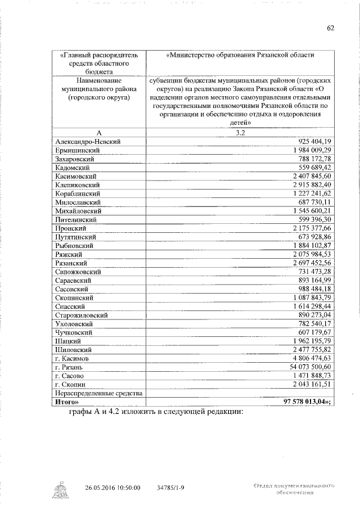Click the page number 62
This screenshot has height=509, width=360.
point(330,28)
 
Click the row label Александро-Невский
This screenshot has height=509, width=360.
point(89,141)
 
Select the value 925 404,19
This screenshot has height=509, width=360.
point(312,141)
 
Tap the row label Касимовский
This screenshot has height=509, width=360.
point(78,176)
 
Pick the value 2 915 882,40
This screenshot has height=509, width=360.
point(312,184)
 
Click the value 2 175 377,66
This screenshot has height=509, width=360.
point(312,228)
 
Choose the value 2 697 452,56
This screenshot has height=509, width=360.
point(312,263)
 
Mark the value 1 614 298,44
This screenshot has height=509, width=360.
point(312,306)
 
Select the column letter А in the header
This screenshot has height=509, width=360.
point(99,133)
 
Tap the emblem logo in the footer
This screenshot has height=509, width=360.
point(58,489)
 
